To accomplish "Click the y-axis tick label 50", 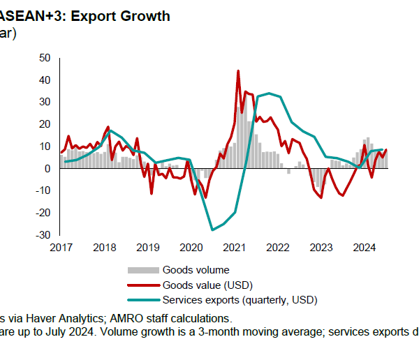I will [45, 57].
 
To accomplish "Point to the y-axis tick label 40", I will [45, 80].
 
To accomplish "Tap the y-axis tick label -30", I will [43, 235].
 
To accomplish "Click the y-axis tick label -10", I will [43, 190].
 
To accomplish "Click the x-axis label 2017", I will [61, 247].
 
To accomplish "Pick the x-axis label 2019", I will [148, 247].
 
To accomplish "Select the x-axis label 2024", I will [365, 247].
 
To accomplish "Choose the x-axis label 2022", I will [278, 247].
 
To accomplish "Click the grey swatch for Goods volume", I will [142, 270].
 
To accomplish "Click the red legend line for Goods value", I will [142, 285].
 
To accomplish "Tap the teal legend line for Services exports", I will [142, 300].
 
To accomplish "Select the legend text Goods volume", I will [196, 270].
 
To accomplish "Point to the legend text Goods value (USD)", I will [207, 285].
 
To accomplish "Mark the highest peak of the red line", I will [238, 70].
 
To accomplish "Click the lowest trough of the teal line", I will [212, 230].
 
